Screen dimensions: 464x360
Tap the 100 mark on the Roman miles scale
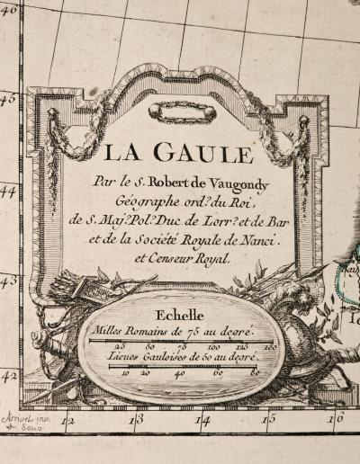pyautogui.click(x=212, y=347)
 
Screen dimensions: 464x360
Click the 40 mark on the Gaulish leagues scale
pyautogui.click(x=180, y=371)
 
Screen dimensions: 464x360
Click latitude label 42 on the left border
pyautogui.click(x=8, y=376)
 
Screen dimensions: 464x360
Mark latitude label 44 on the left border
pyautogui.click(x=8, y=191)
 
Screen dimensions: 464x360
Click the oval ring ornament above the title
pyautogui.click(x=183, y=112)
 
